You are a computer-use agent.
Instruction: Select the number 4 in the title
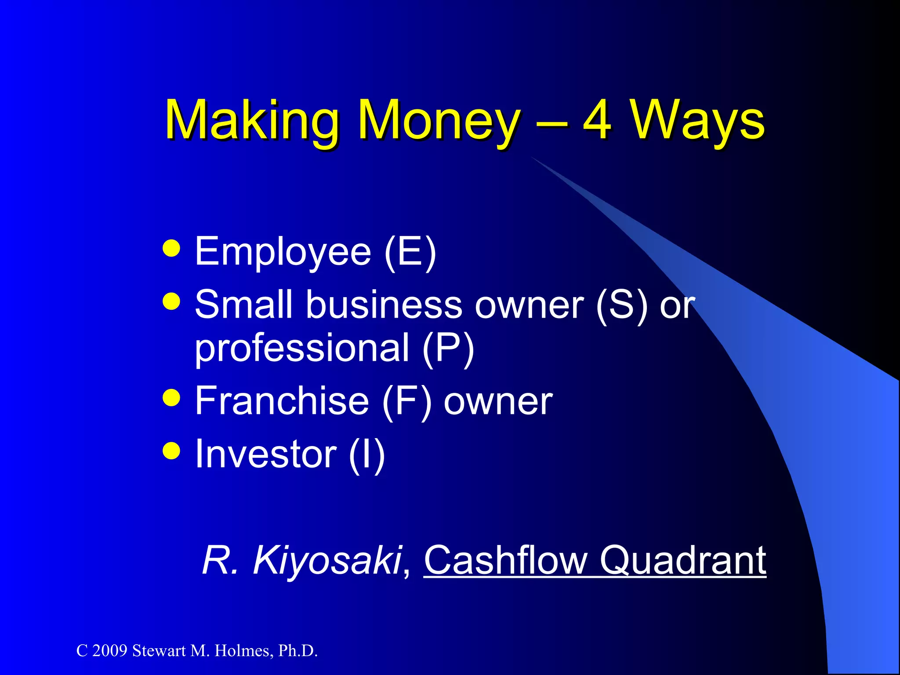click(597, 120)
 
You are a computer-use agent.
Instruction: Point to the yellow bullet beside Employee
click(171, 248)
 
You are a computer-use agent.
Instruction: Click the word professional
click(302, 348)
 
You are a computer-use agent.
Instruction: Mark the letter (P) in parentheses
click(448, 348)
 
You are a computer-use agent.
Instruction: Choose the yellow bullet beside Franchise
click(171, 398)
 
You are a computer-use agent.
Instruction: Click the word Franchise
click(282, 401)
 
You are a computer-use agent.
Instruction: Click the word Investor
click(265, 454)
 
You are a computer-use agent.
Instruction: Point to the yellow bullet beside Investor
click(171, 451)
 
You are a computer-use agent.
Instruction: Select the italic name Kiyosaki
click(327, 561)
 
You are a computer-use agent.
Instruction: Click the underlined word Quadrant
click(683, 561)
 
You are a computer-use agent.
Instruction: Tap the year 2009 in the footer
click(110, 651)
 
